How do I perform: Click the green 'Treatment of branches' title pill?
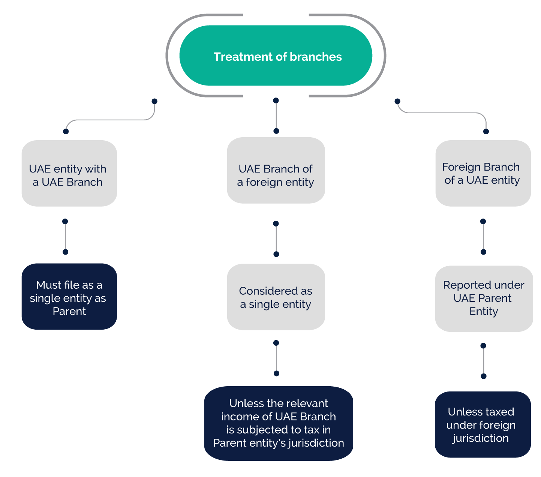tap(276, 55)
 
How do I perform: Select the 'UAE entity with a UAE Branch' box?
tap(69, 173)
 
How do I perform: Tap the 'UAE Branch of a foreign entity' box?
tap(276, 170)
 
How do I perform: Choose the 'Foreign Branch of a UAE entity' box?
tap(483, 173)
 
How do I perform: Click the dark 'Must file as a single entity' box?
tap(69, 297)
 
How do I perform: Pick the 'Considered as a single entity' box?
tap(276, 297)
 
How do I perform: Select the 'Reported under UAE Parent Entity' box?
tap(484, 298)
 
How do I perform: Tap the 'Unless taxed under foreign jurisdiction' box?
tap(483, 424)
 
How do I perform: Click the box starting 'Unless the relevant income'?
tap(279, 423)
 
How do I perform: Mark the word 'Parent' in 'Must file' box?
tap(69, 311)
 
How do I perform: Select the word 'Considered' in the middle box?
tap(264, 291)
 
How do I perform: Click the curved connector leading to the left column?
tap(110, 120)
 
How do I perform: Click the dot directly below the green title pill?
tap(276, 100)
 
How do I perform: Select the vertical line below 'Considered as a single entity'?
tap(276, 358)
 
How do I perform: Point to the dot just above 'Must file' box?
tap(65, 252)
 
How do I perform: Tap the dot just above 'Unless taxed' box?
tap(483, 376)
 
